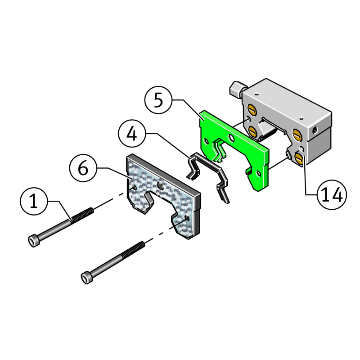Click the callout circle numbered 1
coord(34,201)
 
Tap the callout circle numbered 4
coord(132,134)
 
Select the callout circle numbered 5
coord(158,100)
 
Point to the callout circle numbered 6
coord(83,168)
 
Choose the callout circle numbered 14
coord(332,195)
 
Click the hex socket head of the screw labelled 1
coord(33,241)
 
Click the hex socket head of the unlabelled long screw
coord(86,278)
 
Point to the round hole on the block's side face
coord(315,130)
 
